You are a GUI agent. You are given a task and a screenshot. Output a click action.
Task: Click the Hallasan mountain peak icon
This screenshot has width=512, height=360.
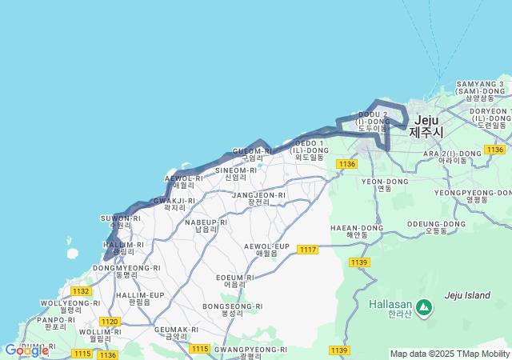click(422, 306)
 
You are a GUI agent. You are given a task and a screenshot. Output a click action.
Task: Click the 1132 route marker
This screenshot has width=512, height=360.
click(81, 291)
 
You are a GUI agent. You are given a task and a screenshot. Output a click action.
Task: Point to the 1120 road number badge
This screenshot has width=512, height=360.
click(110, 322)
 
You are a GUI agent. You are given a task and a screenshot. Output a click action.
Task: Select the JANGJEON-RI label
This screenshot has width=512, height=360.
click(258, 198)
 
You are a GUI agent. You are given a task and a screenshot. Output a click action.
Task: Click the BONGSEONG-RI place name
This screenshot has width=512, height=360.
click(233, 310)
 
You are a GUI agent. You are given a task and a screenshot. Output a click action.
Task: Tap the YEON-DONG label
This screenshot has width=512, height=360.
click(385, 185)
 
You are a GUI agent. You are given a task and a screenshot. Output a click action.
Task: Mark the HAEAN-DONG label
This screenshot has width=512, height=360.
click(358, 231)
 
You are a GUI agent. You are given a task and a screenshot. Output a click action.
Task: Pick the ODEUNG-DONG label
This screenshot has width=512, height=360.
click(436, 227)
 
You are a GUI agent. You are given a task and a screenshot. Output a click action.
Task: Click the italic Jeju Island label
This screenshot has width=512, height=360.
click(467, 295)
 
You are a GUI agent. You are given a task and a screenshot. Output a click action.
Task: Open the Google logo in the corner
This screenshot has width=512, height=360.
click(26, 350)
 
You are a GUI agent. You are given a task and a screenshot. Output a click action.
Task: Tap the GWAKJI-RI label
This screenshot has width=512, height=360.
click(174, 203)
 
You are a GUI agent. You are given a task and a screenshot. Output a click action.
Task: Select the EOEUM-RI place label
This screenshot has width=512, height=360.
click(235, 280)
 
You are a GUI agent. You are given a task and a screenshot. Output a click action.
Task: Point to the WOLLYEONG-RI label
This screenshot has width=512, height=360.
click(71, 306)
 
